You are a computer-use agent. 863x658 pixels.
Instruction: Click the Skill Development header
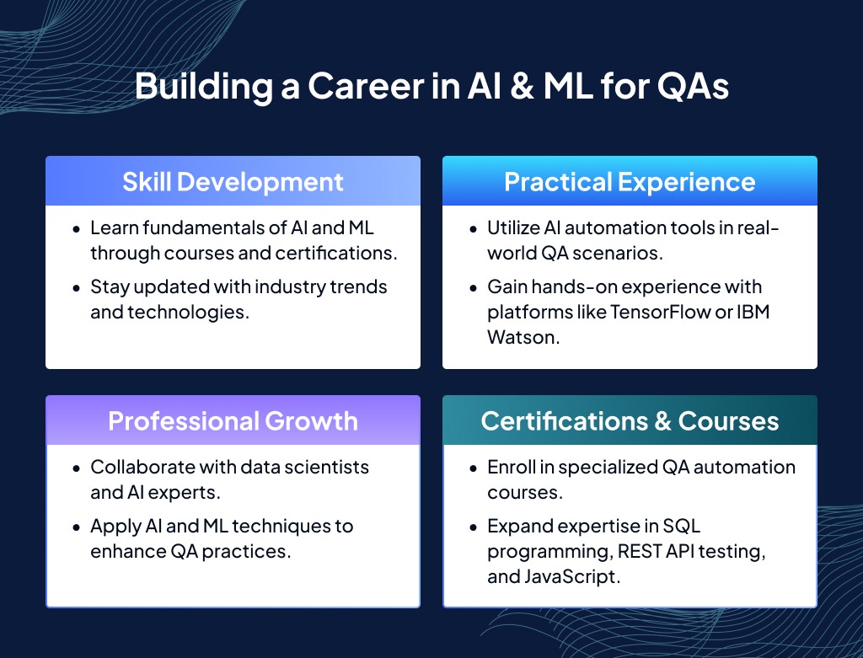click(233, 182)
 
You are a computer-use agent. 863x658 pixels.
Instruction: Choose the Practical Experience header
click(630, 182)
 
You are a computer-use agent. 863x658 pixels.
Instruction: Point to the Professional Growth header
click(233, 421)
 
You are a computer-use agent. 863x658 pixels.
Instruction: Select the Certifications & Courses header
click(630, 421)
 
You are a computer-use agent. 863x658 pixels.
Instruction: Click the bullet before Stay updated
click(77, 288)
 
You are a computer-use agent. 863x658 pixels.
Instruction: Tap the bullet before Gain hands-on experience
click(474, 288)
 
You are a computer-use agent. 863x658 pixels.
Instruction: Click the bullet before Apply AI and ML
click(77, 527)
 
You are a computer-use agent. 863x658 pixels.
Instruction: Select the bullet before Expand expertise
click(474, 527)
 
